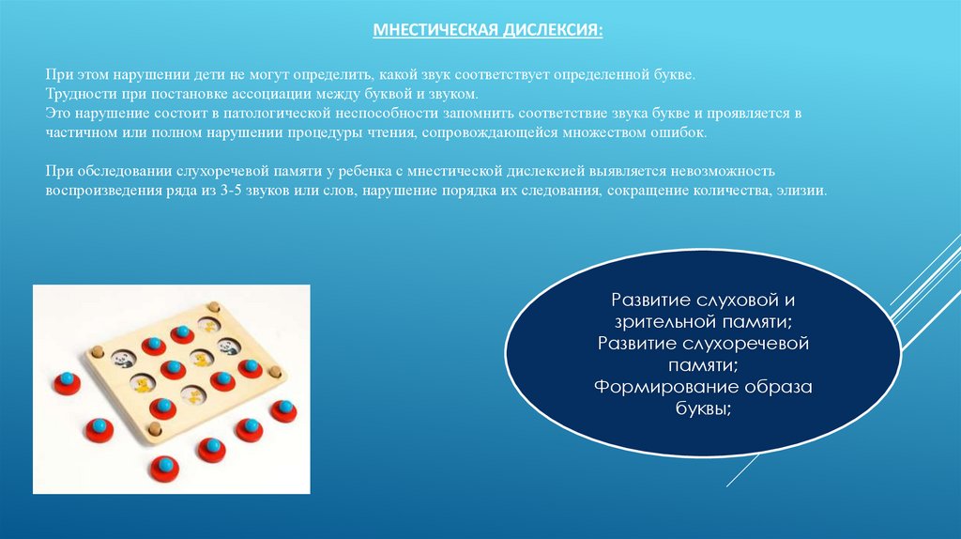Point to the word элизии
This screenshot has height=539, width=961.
[803, 190]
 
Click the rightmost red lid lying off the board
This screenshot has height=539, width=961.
[282, 409]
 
